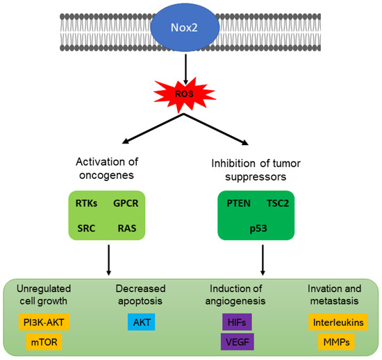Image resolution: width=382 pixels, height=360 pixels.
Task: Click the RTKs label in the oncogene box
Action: pos(87,203)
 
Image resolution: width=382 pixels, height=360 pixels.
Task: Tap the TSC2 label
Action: pos(282,203)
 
